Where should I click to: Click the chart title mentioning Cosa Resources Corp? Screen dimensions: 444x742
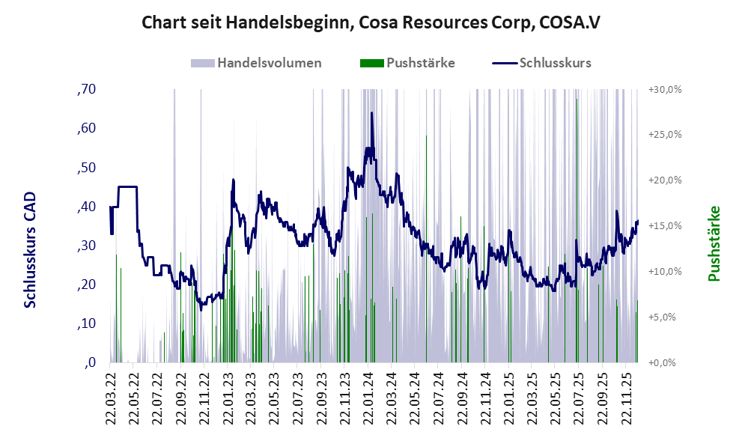pos(371,23)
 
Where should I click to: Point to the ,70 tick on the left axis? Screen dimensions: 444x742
pos(86,89)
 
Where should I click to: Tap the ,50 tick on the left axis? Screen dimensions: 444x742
pos(86,167)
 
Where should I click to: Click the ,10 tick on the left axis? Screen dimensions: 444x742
pos(86,323)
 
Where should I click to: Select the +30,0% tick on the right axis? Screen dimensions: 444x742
pos(663,89)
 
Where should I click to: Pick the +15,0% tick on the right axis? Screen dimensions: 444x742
pos(663,225)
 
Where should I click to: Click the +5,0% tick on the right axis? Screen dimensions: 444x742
pos(663,317)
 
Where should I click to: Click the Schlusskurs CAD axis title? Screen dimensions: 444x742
pos(30,249)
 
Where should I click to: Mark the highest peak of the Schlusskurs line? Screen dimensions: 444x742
pos(371,113)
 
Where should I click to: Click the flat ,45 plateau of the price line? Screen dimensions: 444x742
pos(127,186)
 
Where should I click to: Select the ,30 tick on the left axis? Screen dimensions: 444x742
pos(86,246)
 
